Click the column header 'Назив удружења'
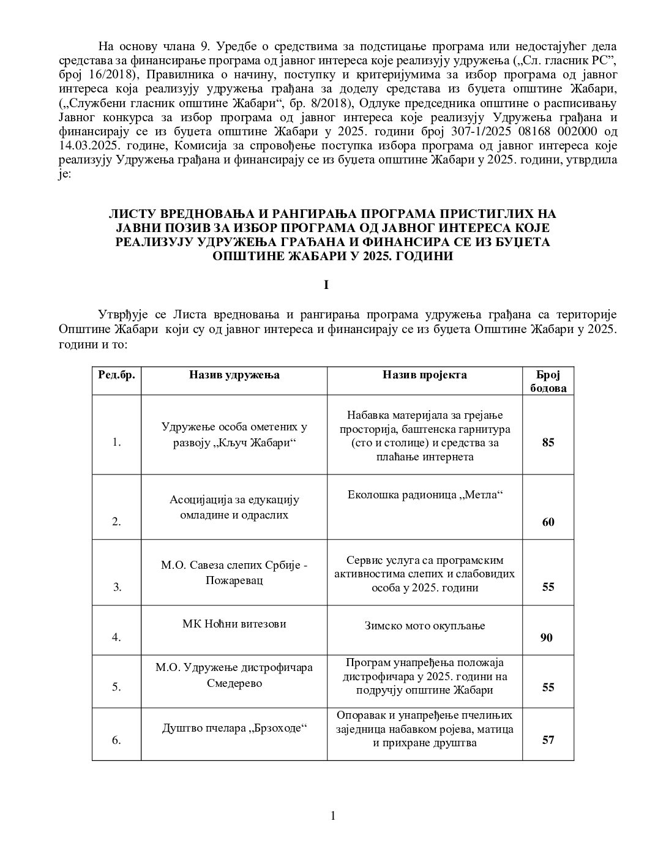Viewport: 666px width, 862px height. point(234,375)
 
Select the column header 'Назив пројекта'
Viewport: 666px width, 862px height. point(424,375)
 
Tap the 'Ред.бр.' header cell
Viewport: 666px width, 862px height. point(116,375)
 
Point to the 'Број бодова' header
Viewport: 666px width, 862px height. point(547,381)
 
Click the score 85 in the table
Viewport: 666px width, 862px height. point(547,442)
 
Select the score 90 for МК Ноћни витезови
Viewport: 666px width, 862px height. point(546,638)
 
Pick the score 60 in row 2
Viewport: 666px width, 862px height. point(547,522)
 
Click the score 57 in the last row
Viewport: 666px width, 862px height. point(547,740)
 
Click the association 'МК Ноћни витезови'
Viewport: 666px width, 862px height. point(234,624)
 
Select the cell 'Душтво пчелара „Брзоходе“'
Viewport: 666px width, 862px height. point(234,728)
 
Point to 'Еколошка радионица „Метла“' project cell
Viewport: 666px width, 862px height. point(424,495)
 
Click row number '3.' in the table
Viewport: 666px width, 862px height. point(118,587)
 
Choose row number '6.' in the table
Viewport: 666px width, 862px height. point(116,740)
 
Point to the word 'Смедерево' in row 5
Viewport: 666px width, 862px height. point(235,682)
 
